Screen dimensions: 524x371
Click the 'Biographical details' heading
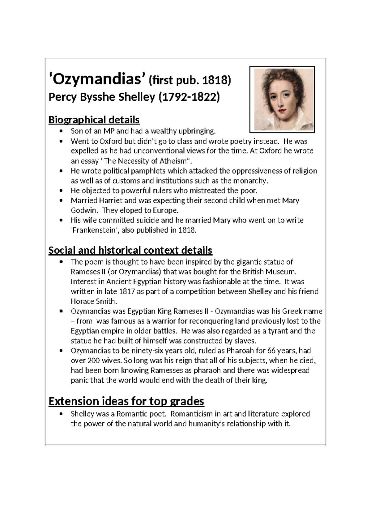pyautogui.click(x=94, y=120)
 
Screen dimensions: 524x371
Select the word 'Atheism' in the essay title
pyautogui.click(x=174, y=161)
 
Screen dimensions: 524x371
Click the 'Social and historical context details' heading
pyautogui.click(x=130, y=250)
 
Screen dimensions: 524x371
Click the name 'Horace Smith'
pyautogui.click(x=93, y=302)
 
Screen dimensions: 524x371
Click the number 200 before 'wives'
pyautogui.click(x=93, y=361)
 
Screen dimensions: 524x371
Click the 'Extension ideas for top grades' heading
pyautogui.click(x=126, y=401)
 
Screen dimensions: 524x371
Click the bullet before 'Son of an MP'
pyautogui.click(x=62, y=131)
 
